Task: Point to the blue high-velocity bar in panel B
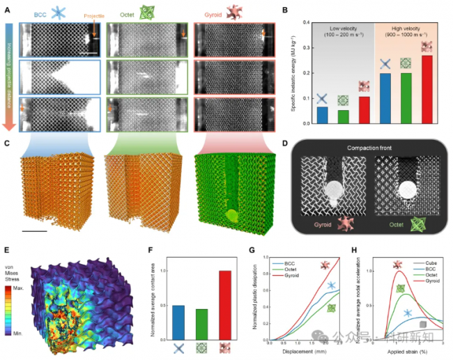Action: (x=385, y=98)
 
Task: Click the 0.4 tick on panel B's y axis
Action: (x=308, y=23)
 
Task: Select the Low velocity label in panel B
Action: (x=342, y=28)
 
